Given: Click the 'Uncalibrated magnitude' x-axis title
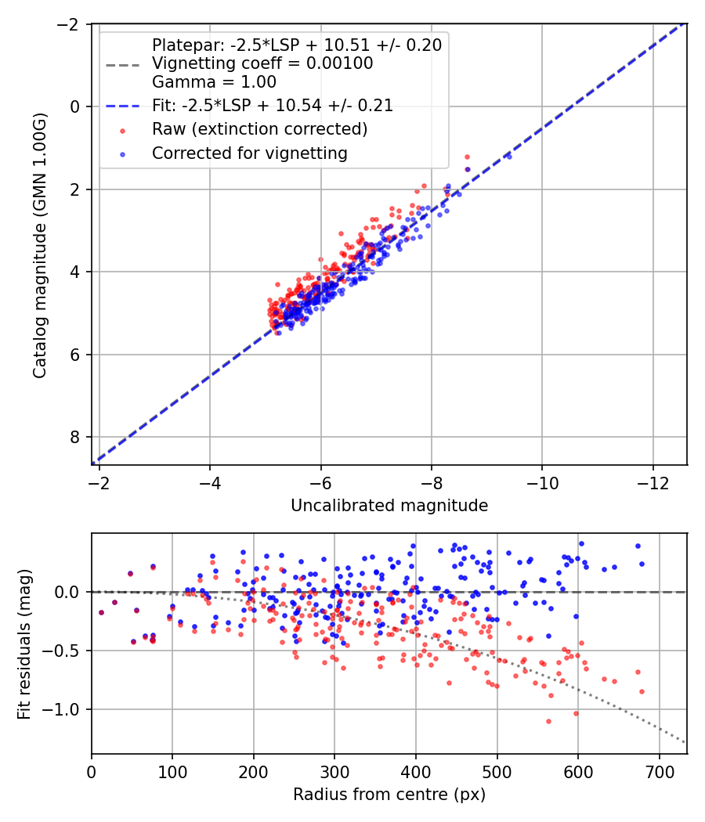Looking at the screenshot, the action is [389, 506].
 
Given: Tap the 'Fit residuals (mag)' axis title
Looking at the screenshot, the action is [24, 644].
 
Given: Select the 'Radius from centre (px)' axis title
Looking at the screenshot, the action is [389, 795].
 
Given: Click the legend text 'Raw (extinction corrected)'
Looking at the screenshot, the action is [259, 129].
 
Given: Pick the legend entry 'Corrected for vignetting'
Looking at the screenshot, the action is [250, 153].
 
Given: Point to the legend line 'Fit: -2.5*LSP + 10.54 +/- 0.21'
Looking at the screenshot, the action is [273, 106].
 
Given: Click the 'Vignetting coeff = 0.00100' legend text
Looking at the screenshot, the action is [262, 63].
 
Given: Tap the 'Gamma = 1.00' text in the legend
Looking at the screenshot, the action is [214, 82].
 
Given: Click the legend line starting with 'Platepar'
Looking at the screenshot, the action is [297, 45].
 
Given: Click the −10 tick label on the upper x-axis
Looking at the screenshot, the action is [542, 483].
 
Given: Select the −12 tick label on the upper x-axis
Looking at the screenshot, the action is [653, 483].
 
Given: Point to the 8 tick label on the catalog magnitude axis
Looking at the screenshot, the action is [75, 437].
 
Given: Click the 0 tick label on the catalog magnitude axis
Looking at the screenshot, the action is [75, 107].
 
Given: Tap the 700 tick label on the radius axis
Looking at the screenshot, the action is [659, 772].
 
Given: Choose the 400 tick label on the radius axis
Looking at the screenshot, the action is [416, 772].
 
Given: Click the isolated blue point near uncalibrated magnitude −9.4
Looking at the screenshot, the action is [509, 157].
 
